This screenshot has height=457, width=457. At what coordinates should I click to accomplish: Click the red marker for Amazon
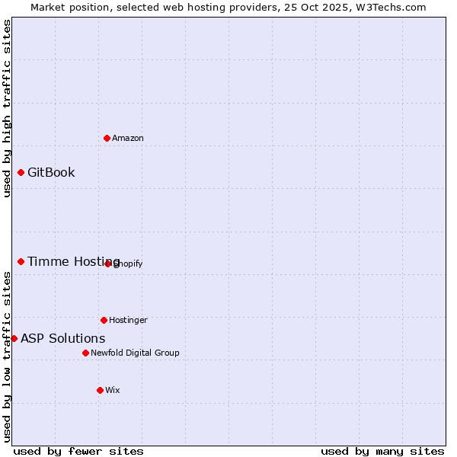point(107,138)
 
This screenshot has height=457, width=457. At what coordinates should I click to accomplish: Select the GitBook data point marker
point(21,172)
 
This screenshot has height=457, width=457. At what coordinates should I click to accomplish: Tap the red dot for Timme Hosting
point(21,261)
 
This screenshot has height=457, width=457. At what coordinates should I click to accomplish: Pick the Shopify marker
point(107,264)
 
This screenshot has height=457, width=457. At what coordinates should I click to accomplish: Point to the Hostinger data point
point(104,320)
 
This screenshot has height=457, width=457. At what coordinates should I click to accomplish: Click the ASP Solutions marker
point(14,338)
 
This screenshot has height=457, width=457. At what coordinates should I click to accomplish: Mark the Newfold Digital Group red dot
point(85,353)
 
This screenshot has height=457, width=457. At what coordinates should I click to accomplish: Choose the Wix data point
point(100,390)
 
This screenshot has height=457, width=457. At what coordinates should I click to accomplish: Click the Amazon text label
point(128,138)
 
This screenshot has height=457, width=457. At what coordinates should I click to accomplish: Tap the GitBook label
point(51,172)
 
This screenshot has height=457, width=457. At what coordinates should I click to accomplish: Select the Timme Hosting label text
point(73,261)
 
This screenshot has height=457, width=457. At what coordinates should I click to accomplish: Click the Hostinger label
point(128,320)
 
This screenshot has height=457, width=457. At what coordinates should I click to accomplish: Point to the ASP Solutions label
point(62,338)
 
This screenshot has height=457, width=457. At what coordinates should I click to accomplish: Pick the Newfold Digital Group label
point(135,353)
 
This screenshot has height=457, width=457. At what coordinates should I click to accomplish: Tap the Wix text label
point(113,390)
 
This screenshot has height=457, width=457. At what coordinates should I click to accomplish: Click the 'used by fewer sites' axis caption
point(78,451)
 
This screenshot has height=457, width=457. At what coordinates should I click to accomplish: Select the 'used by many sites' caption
point(382,451)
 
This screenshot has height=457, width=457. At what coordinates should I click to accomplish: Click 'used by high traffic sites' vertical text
point(7,108)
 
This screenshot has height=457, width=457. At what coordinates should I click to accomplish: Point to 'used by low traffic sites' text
point(7,356)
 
